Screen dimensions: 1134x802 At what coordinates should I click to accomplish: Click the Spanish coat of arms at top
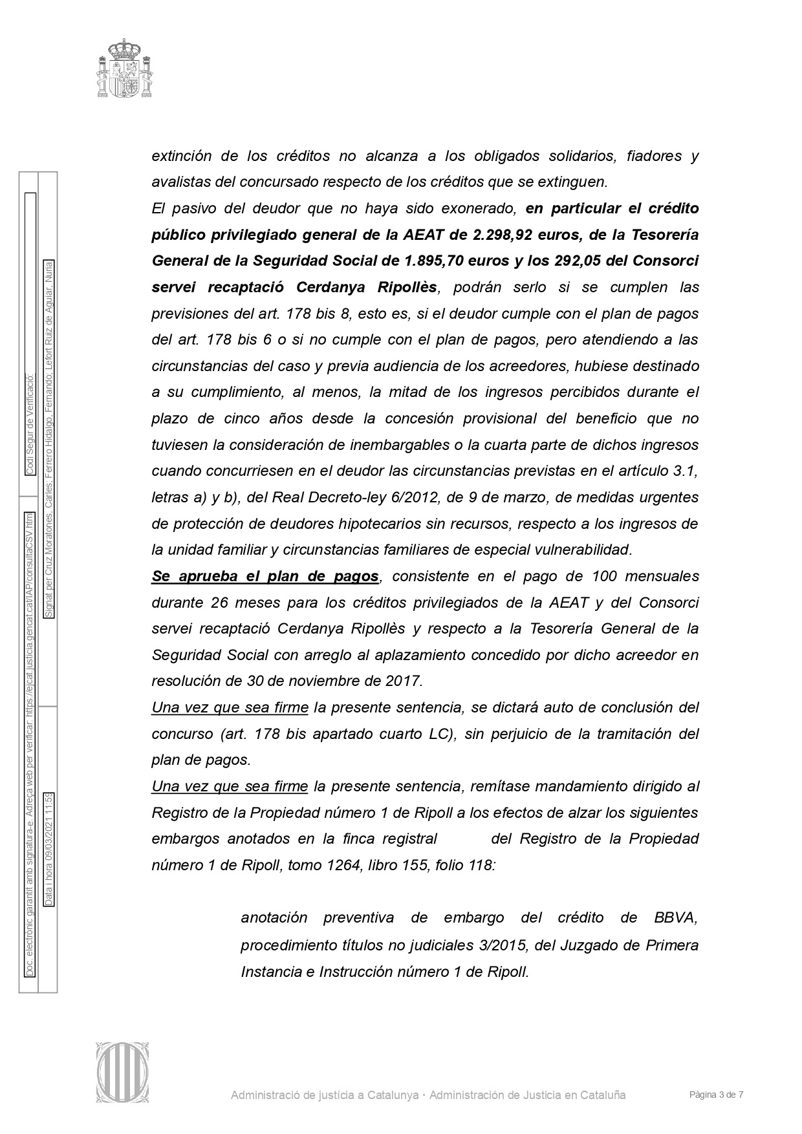pos(125,69)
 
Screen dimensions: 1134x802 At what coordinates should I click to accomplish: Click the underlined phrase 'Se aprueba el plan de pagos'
pos(265,576)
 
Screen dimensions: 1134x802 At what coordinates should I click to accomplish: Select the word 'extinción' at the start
pos(181,156)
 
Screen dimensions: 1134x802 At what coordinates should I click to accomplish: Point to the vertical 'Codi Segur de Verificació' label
pos(29,424)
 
